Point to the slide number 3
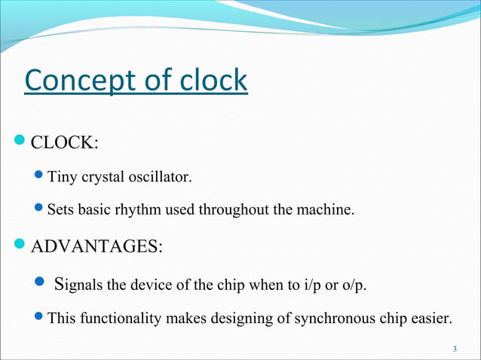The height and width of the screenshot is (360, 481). pos(455,348)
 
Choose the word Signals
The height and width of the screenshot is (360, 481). pos(81,284)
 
